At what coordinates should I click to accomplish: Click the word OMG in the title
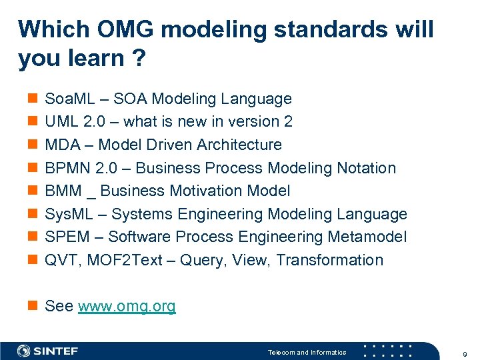[x=117, y=29]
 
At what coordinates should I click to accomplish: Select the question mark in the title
[x=139, y=59]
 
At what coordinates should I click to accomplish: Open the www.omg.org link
[x=127, y=307]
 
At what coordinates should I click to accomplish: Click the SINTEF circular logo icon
[x=23, y=351]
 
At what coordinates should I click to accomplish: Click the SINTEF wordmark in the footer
[x=57, y=351]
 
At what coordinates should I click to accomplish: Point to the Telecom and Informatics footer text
[x=307, y=352]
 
